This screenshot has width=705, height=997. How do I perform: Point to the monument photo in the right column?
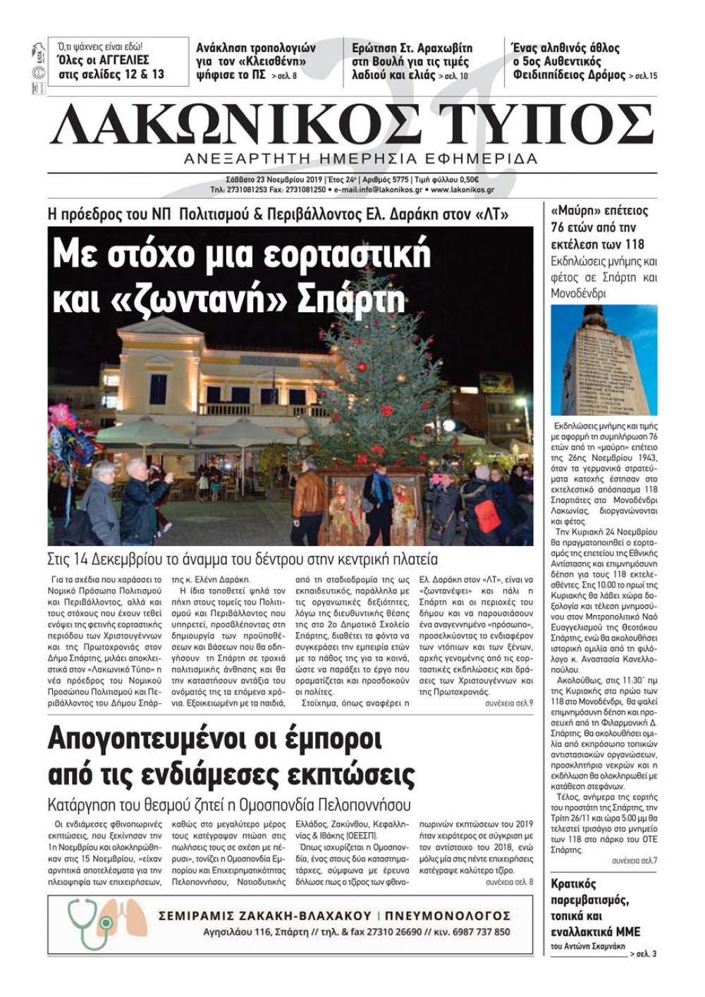603,360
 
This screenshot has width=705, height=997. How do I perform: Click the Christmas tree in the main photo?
381,395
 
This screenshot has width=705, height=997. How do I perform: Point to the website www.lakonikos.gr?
462,190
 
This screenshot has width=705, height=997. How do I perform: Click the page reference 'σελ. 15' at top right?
645,75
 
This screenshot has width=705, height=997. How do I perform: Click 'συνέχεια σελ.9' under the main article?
508,703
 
